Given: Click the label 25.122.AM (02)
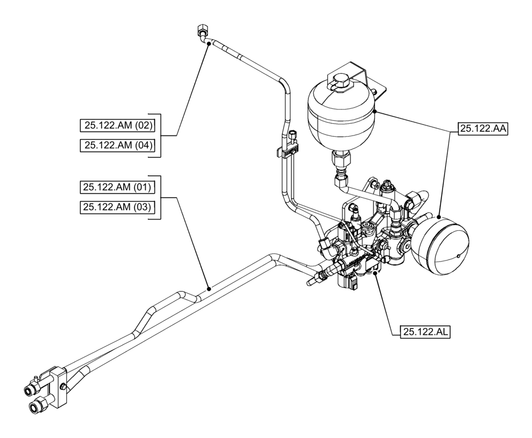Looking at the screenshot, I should pyautogui.click(x=117, y=125).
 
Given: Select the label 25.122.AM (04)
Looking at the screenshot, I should pyautogui.click(x=117, y=145).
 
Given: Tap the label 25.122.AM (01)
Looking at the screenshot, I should pyautogui.click(x=117, y=187).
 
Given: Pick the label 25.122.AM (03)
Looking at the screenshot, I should pyautogui.click(x=117, y=207).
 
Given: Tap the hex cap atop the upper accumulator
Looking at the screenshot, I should pyautogui.click(x=338, y=81).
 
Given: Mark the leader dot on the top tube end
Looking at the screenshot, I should pyautogui.click(x=209, y=45).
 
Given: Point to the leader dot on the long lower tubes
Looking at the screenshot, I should pyautogui.click(x=210, y=289).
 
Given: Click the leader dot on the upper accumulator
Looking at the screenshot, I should pyautogui.click(x=375, y=111).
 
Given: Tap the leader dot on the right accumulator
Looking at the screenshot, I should pyautogui.click(x=440, y=216).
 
